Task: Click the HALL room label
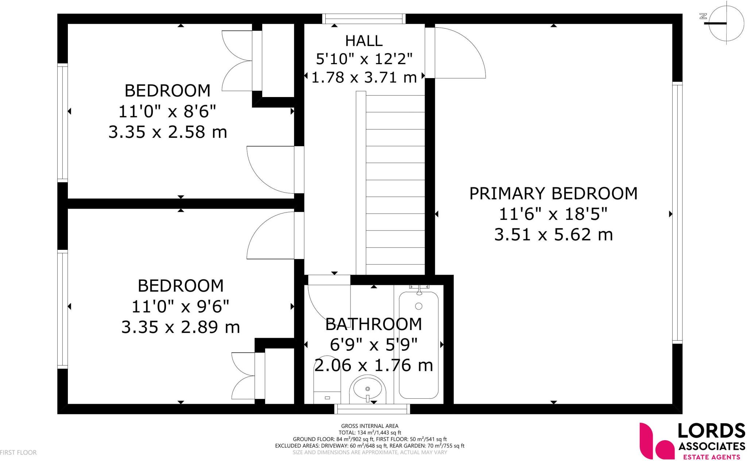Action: (364, 41)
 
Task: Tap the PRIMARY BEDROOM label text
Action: (553, 194)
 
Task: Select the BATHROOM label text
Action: (373, 324)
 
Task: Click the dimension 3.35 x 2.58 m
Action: (167, 132)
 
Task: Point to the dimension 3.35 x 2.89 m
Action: (181, 327)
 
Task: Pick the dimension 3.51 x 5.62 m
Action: (553, 235)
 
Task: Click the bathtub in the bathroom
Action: (418, 345)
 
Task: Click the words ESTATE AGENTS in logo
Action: (711, 457)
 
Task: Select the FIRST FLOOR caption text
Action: (18, 453)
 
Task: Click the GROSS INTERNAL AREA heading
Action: (369, 426)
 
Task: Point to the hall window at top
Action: (364, 19)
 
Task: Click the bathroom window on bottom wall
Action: (372, 409)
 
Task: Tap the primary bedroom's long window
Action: (677, 213)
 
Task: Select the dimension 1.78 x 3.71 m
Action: (364, 77)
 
